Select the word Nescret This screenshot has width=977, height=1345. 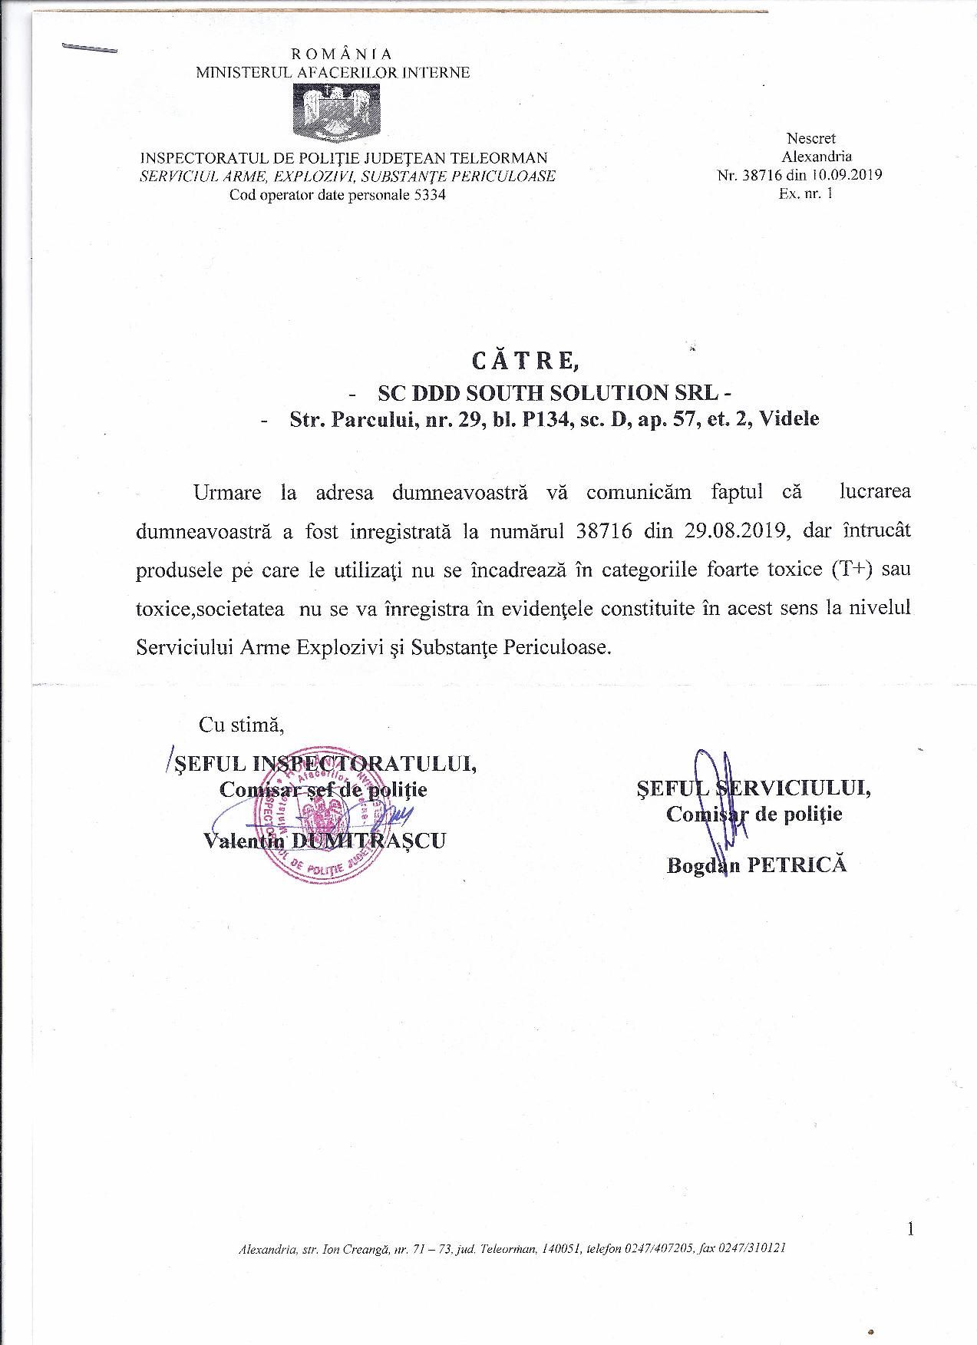810,138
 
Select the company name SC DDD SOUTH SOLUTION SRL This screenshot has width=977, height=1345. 550,392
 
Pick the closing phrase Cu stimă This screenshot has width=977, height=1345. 242,723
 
